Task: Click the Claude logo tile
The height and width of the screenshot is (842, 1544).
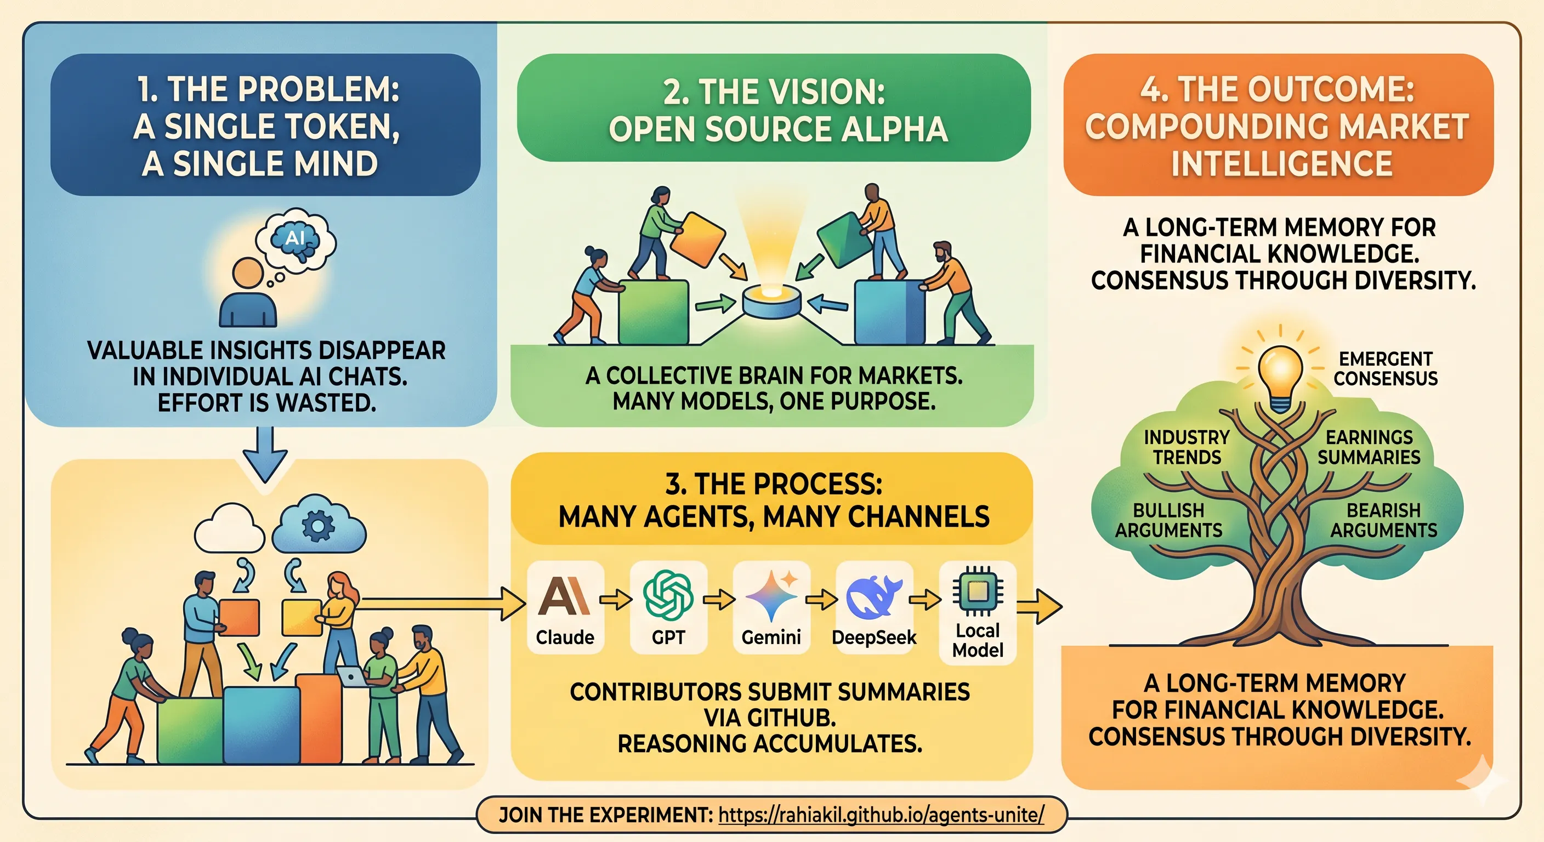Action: (x=565, y=606)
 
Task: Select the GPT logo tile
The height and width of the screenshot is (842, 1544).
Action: (x=668, y=606)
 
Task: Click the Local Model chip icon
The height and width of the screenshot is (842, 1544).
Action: (x=978, y=591)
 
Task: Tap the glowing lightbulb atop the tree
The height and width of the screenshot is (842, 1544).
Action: (x=1280, y=378)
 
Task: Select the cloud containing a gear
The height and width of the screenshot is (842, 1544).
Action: (x=318, y=525)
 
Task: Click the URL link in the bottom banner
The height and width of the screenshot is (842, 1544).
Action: (x=881, y=815)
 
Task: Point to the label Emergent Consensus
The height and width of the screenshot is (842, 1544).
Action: (x=1385, y=368)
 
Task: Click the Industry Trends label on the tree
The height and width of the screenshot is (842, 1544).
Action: (x=1187, y=447)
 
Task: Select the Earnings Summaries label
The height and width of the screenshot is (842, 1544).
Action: (x=1369, y=447)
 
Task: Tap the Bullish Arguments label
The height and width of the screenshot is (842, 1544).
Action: (x=1169, y=520)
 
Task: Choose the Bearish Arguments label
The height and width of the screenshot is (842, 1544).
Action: (x=1384, y=520)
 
